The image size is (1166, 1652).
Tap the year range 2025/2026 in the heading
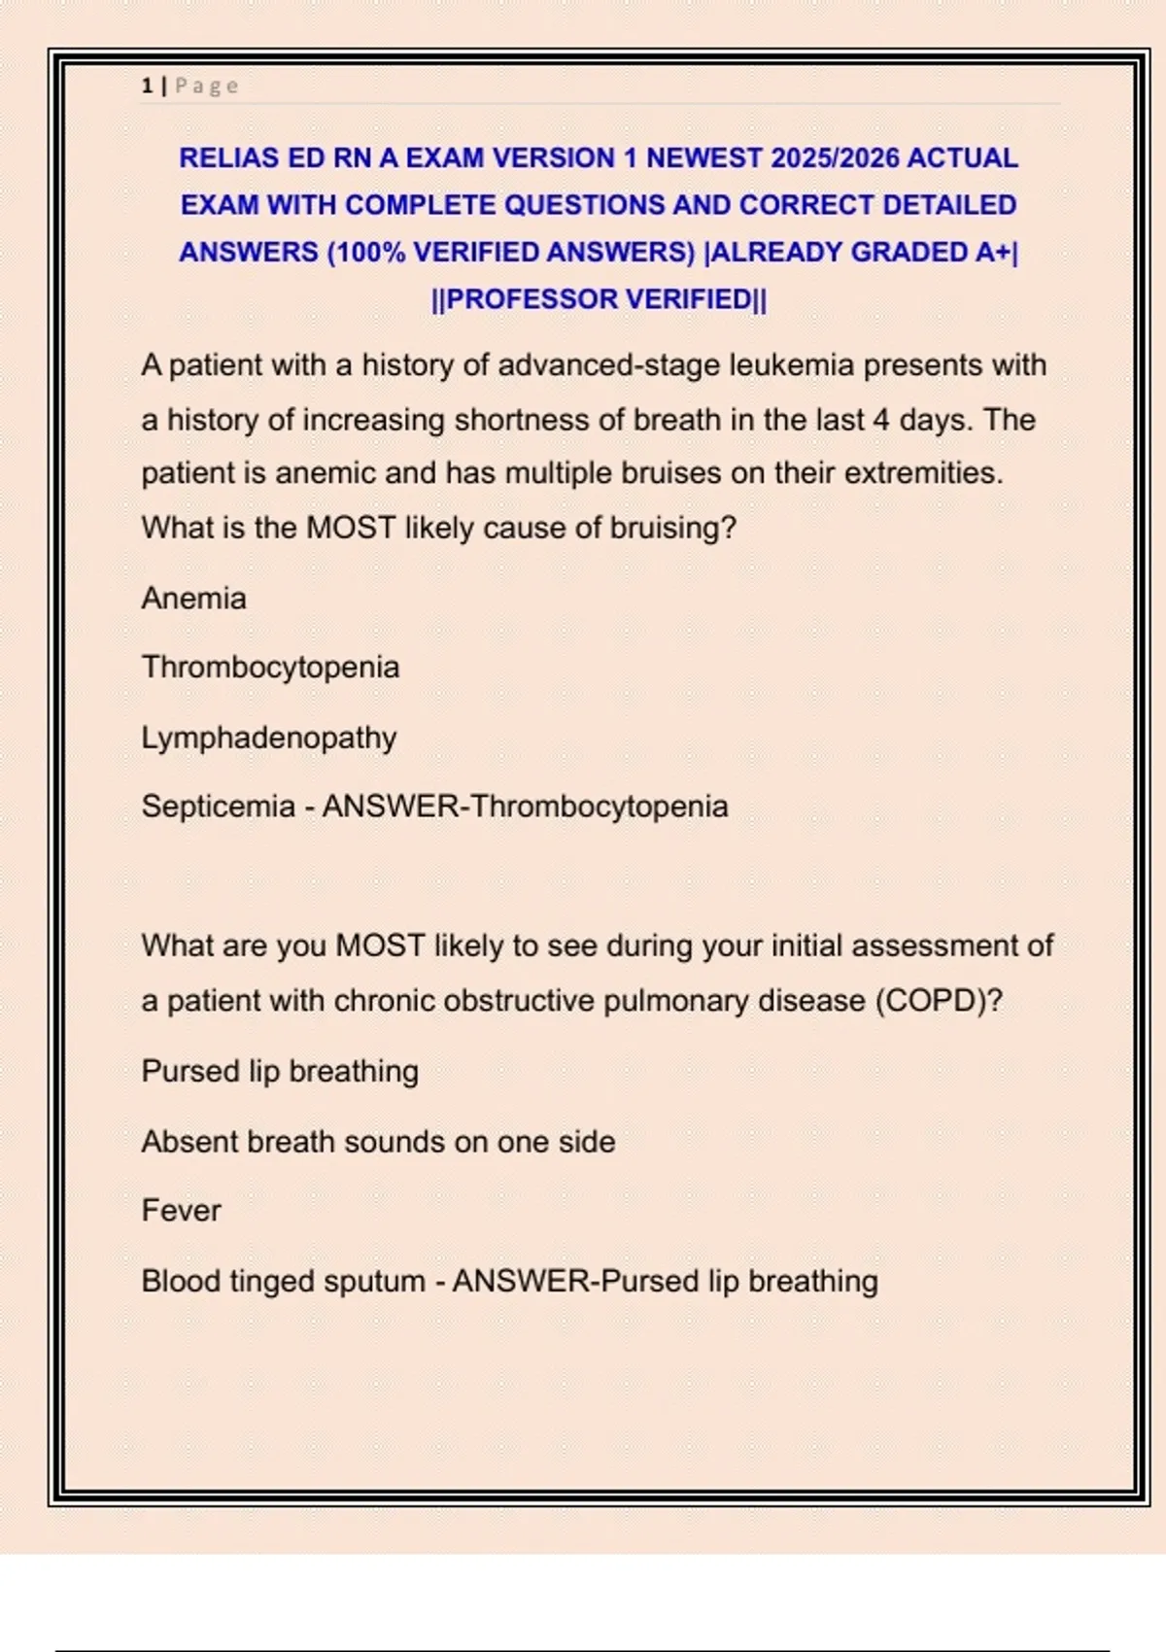pyautogui.click(x=835, y=158)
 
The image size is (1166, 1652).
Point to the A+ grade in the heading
pyautogui.click(x=993, y=253)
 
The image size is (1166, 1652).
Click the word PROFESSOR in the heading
pyautogui.click(x=531, y=299)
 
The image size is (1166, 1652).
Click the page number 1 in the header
pyautogui.click(x=147, y=86)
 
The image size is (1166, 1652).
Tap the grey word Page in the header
pyautogui.click(x=207, y=86)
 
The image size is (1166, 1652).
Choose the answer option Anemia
pyautogui.click(x=193, y=599)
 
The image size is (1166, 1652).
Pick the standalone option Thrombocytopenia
pyautogui.click(x=270, y=668)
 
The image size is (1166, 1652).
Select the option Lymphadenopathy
pyautogui.click(x=269, y=738)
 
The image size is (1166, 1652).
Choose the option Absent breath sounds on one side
pyautogui.click(x=378, y=1142)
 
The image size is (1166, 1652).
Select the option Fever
pyautogui.click(x=181, y=1211)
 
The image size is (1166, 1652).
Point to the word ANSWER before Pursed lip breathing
pyautogui.click(x=522, y=1282)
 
